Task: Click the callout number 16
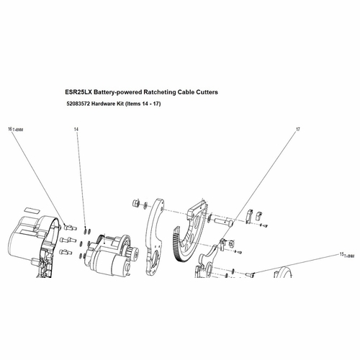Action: coord(10,129)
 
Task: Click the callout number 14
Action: coord(76,129)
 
